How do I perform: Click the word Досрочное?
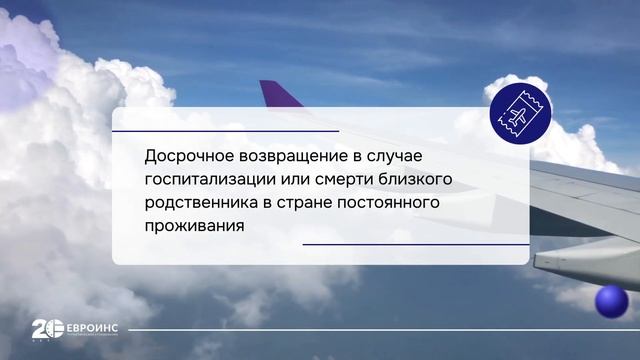[184, 157]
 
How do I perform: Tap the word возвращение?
[290, 157]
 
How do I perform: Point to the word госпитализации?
[207, 180]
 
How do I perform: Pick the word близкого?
[424, 180]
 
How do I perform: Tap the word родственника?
[199, 203]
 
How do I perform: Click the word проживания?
[194, 226]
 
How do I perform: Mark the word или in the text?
[297, 180]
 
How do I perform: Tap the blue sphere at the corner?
[610, 301]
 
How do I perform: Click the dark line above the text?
[225, 131]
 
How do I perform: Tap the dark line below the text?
[415, 244]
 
